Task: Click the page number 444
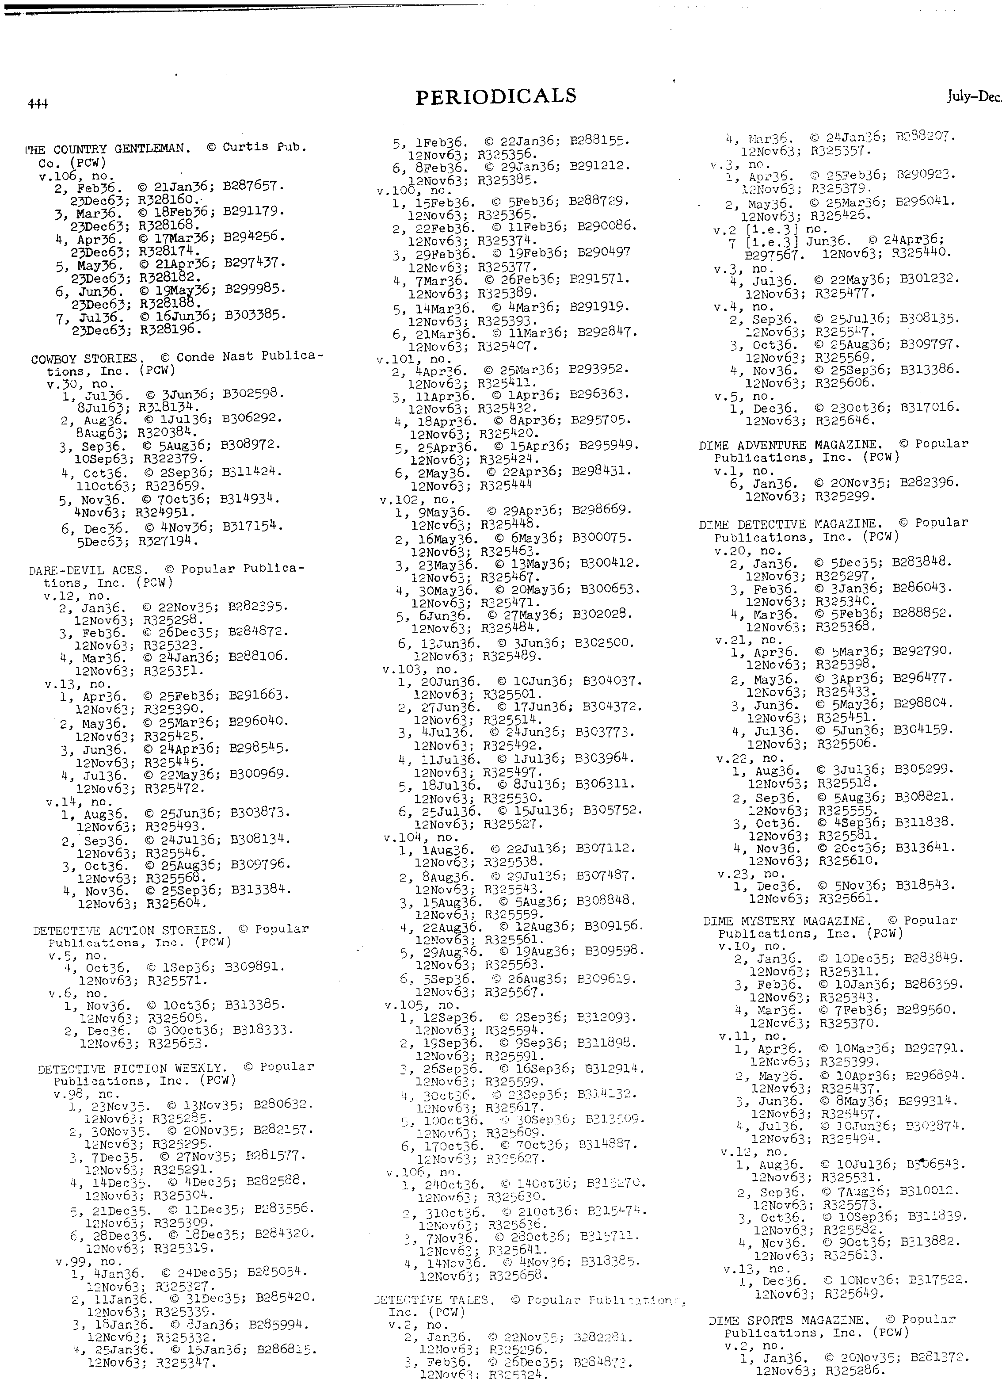click(x=38, y=104)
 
